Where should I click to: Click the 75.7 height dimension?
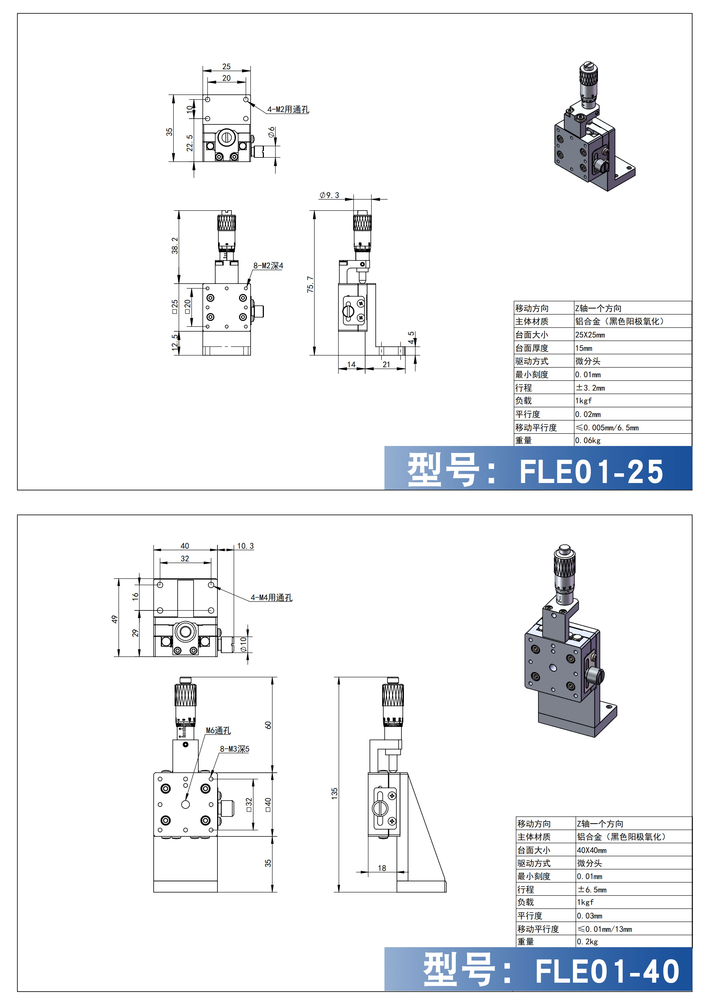click(x=310, y=284)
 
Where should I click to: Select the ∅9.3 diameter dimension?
click(x=329, y=195)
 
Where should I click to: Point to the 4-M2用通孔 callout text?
click(x=288, y=110)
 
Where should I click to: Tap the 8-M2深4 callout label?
click(x=268, y=265)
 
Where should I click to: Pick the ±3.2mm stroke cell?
click(x=590, y=387)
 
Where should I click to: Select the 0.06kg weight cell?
click(x=588, y=440)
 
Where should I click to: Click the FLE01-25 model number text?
click(x=591, y=472)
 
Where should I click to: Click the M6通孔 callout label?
click(x=218, y=731)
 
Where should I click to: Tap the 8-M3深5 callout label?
click(x=234, y=749)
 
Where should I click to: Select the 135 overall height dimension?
click(x=334, y=793)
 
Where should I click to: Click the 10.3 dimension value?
click(x=245, y=546)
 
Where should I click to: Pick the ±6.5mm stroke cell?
click(x=592, y=890)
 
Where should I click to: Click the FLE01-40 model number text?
click(x=607, y=972)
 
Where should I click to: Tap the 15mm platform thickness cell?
click(x=584, y=348)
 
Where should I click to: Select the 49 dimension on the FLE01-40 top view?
click(x=114, y=619)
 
